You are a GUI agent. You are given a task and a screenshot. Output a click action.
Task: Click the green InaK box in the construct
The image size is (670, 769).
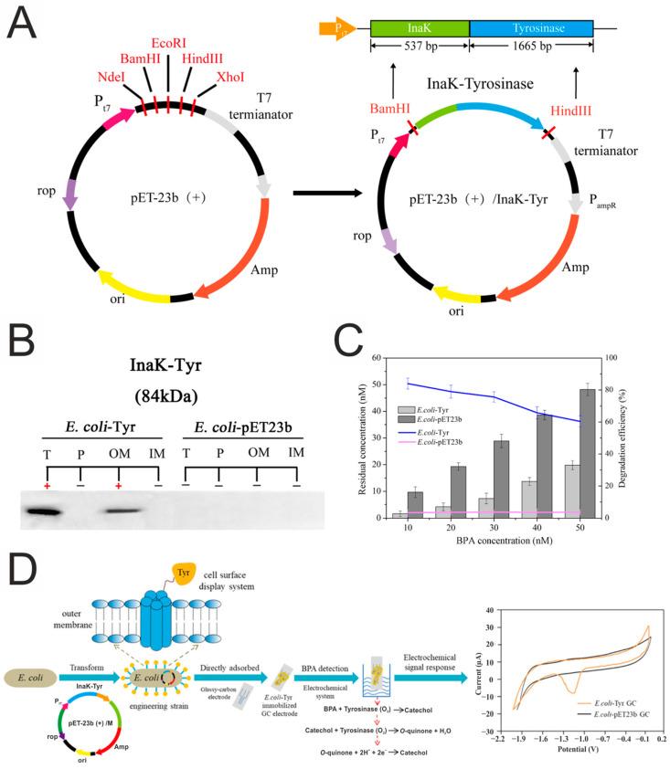420,28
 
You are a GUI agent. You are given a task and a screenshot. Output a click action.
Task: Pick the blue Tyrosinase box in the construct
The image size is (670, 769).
530,28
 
